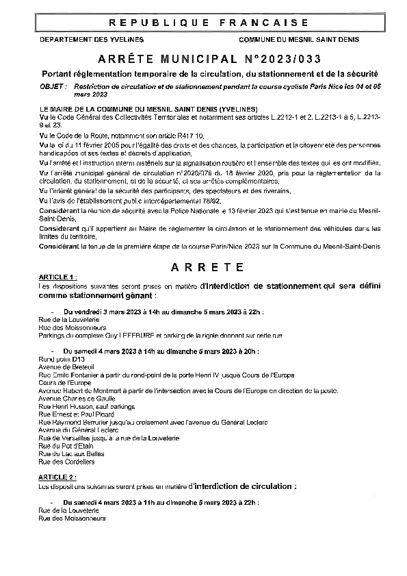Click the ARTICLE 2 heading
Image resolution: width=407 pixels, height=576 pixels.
pos(57,475)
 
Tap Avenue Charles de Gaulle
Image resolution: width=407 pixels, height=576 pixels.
pos(76,398)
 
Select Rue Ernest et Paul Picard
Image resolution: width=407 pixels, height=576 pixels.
pos(75,414)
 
